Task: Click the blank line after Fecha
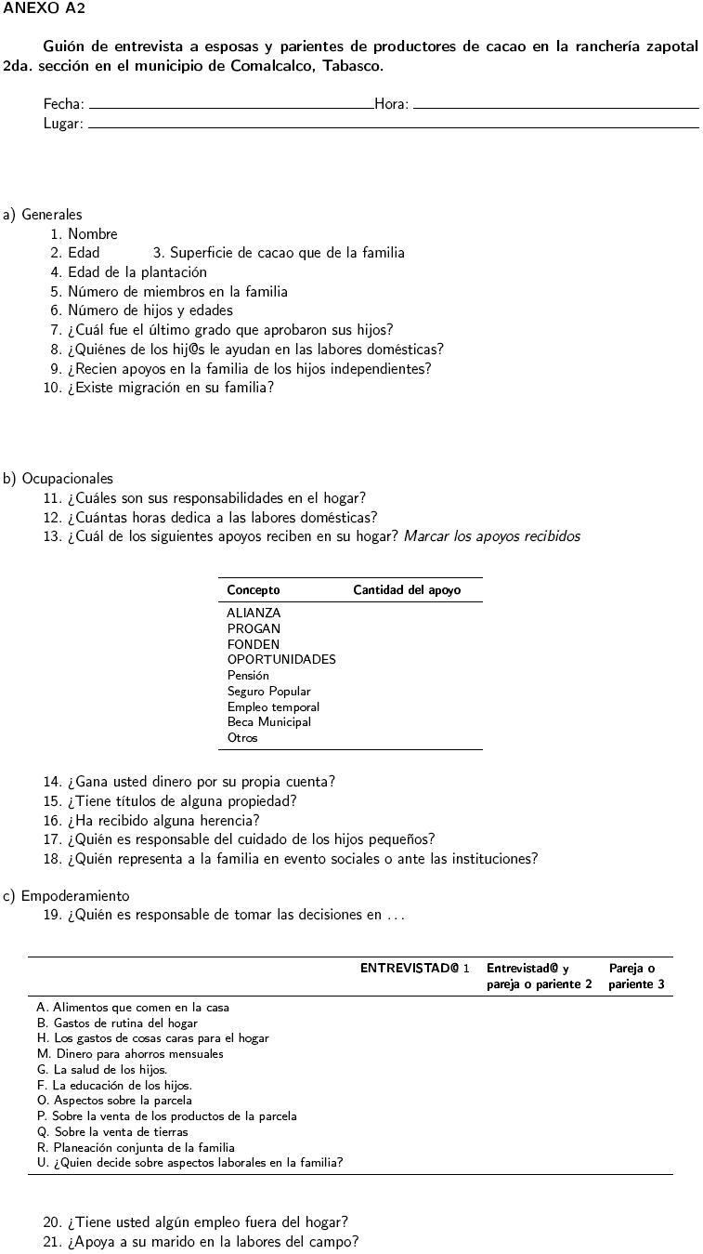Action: (x=230, y=108)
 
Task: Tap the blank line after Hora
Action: (x=555, y=108)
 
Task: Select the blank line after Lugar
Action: (x=393, y=126)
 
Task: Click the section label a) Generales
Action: (x=43, y=215)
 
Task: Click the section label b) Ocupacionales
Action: (x=58, y=479)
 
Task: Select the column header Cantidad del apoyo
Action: (x=407, y=590)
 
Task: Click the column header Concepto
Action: (x=254, y=590)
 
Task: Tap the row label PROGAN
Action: (x=254, y=628)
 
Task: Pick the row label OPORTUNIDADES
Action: (x=281, y=660)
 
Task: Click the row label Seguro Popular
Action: (x=269, y=692)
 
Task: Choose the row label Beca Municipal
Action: (x=269, y=722)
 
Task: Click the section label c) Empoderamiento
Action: (x=66, y=896)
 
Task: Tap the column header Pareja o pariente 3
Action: (x=636, y=976)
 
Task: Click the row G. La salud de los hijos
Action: (x=102, y=1070)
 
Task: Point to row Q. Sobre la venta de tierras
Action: (x=112, y=1132)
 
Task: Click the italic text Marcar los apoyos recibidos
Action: (x=491, y=536)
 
